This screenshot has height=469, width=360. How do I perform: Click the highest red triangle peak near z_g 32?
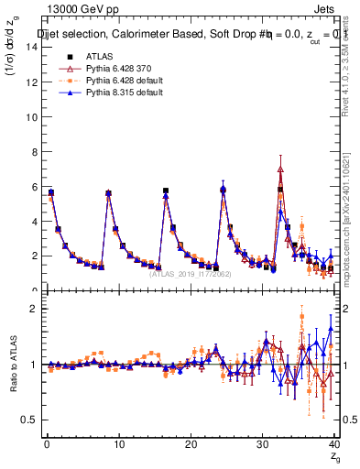click(x=280, y=169)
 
